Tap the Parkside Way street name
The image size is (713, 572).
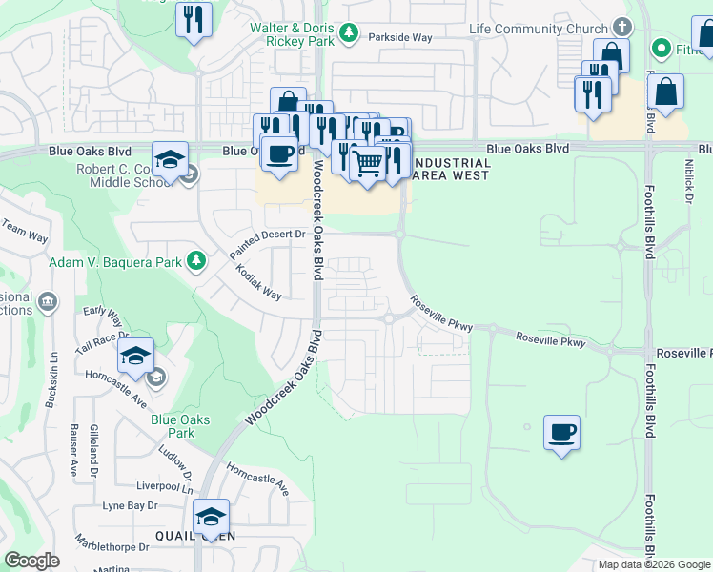click(402, 38)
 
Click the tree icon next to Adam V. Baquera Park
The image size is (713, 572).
click(195, 260)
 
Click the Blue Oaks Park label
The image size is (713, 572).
click(180, 425)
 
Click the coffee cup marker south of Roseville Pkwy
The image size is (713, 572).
click(561, 433)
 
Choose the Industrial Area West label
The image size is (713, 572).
click(454, 170)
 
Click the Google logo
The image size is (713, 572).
click(31, 560)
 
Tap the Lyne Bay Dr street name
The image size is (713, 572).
click(130, 505)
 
